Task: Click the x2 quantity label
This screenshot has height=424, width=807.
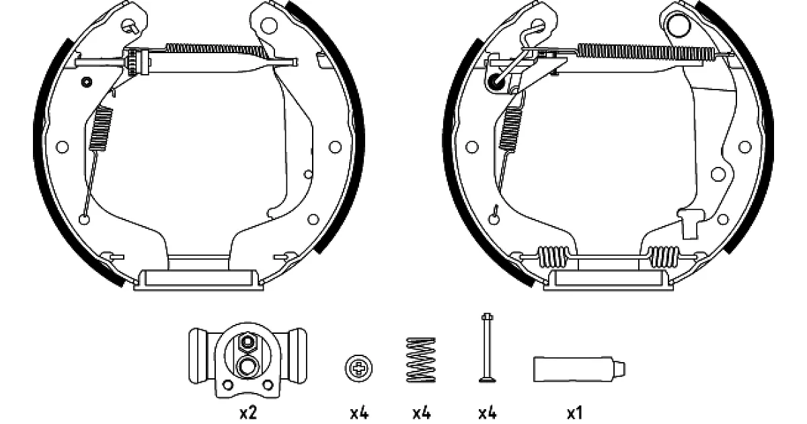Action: pyautogui.click(x=248, y=413)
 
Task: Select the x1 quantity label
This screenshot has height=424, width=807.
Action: pyautogui.click(x=574, y=413)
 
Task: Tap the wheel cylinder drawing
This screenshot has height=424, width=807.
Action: pyautogui.click(x=248, y=360)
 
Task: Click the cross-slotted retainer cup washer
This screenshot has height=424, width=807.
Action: pyautogui.click(x=358, y=368)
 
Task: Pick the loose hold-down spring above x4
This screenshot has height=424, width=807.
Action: pyautogui.click(x=421, y=359)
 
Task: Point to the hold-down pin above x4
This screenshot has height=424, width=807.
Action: pyautogui.click(x=487, y=347)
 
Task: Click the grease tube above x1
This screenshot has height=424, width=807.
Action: pyautogui.click(x=579, y=369)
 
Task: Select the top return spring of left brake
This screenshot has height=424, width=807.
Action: pyautogui.click(x=216, y=50)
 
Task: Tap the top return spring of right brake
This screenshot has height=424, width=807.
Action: pyautogui.click(x=645, y=52)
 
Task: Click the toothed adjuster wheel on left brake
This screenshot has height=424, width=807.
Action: pyautogui.click(x=132, y=63)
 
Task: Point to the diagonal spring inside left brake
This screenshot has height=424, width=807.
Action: pyautogui.click(x=100, y=129)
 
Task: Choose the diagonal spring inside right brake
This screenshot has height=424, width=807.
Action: pyautogui.click(x=511, y=128)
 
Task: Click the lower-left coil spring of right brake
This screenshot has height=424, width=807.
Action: pyautogui.click(x=553, y=256)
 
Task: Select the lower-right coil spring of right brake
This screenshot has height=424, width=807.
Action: pyautogui.click(x=663, y=256)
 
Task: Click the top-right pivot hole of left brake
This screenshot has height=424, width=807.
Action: pyautogui.click(x=268, y=26)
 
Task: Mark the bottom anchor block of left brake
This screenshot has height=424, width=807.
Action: pyautogui.click(x=198, y=280)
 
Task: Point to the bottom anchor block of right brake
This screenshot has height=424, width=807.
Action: pyautogui.click(x=608, y=280)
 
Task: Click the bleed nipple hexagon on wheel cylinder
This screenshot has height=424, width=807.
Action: pyautogui.click(x=247, y=341)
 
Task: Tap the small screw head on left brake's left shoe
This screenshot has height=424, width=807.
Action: pyautogui.click(x=87, y=82)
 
